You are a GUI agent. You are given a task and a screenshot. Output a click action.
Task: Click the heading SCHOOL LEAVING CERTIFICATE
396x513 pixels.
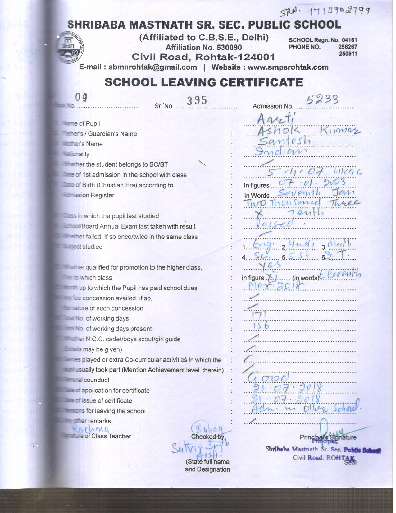204,82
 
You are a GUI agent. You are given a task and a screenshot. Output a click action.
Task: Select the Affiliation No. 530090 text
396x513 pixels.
204,48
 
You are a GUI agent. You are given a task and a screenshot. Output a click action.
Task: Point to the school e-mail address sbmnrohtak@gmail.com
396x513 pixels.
152,67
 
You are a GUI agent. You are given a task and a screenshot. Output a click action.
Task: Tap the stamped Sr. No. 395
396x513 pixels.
197,100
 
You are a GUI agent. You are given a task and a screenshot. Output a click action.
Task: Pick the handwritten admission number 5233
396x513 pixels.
322,99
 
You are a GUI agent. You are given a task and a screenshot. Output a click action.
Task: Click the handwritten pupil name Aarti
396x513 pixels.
276,118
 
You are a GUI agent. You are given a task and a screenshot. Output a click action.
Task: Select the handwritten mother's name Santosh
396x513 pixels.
284,141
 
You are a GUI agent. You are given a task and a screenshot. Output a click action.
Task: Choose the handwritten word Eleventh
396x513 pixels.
340,274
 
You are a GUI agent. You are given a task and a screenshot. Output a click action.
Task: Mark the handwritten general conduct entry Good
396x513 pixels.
269,377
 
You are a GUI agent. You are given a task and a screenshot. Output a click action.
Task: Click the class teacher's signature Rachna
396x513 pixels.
91,429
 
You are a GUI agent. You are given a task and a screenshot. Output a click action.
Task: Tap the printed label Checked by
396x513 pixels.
207,437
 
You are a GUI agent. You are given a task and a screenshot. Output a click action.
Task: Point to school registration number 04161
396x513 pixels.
349,40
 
